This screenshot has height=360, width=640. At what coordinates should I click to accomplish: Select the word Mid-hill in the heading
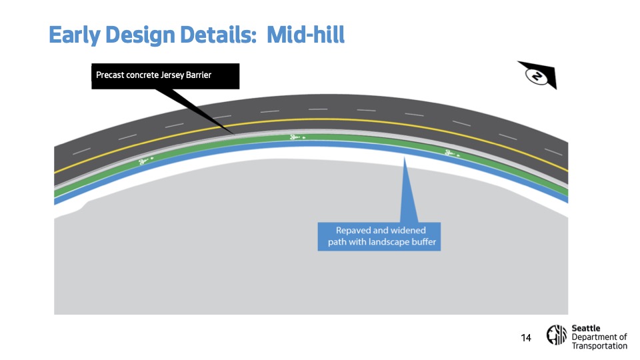point(306,35)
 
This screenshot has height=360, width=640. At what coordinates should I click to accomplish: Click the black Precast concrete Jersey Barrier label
point(165,75)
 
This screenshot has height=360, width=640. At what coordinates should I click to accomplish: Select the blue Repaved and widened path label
point(379,236)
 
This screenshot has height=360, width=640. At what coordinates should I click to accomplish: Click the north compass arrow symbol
point(537,76)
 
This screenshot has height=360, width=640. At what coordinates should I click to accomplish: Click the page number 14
point(526,338)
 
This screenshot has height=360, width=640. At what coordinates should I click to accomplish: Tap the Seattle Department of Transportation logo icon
point(557,336)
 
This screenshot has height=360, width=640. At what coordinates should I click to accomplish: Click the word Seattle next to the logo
point(586,328)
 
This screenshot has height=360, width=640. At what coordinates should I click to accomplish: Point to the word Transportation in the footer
point(599,346)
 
